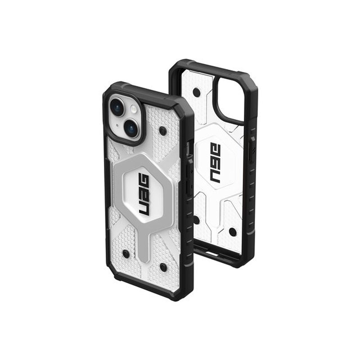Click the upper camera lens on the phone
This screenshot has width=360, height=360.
(x=117, y=108)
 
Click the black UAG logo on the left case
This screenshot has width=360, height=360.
(x=144, y=194)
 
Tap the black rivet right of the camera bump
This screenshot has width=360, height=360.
(x=163, y=131)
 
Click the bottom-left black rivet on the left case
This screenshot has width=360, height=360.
(x=126, y=254)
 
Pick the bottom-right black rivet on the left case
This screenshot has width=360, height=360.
(x=163, y=267)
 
